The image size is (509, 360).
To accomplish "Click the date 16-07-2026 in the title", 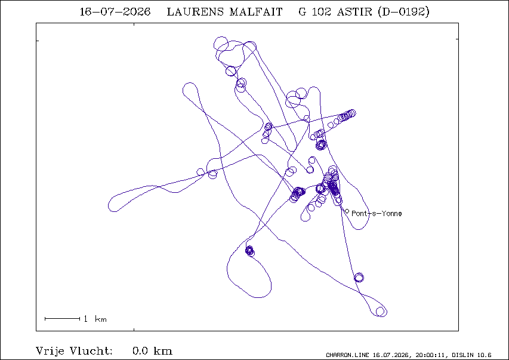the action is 115,12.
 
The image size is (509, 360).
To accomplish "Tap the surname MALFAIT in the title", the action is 256,12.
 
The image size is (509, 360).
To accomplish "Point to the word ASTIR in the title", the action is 354,12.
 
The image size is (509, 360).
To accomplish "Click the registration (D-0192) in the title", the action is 403,12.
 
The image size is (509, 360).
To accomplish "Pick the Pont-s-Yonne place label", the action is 377,214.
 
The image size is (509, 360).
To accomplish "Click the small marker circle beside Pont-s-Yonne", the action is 347,211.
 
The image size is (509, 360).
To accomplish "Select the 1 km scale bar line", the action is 62,319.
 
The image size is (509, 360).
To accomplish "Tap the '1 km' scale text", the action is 95,319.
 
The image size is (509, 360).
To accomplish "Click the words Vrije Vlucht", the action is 74,351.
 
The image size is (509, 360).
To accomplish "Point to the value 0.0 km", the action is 152,351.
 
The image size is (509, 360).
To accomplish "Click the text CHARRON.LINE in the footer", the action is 347,355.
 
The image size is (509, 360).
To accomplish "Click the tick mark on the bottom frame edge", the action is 134,330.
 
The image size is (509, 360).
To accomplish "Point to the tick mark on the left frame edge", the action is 38,41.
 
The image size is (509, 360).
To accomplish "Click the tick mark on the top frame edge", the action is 134,24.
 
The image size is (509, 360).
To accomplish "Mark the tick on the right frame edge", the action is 457,39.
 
